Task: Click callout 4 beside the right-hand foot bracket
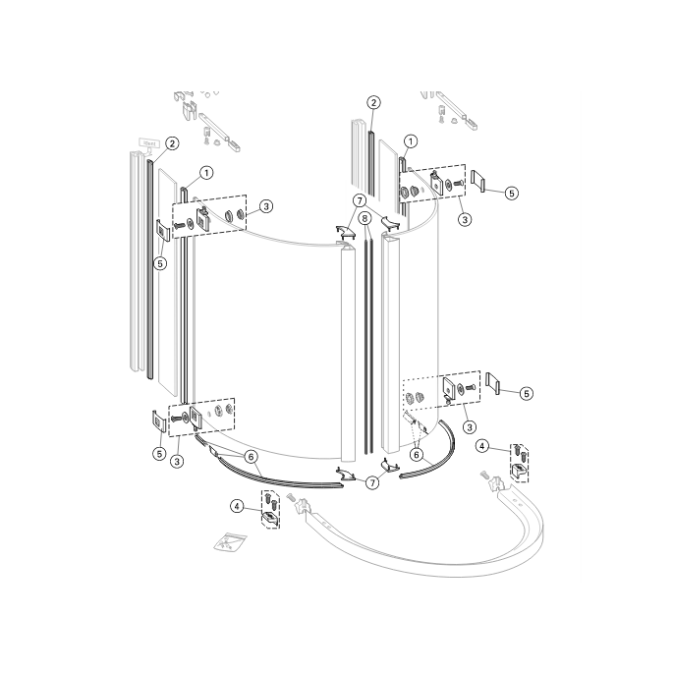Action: pyautogui.click(x=482, y=445)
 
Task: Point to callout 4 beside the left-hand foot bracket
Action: pyautogui.click(x=237, y=506)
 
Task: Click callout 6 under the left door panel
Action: pyautogui.click(x=251, y=457)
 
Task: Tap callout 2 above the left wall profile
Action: pyautogui.click(x=171, y=143)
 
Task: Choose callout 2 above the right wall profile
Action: pyautogui.click(x=374, y=102)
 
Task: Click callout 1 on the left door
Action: pyautogui.click(x=206, y=172)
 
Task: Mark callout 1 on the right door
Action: pyautogui.click(x=411, y=141)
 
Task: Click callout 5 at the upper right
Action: pyautogui.click(x=511, y=194)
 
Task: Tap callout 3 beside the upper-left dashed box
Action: pyautogui.click(x=265, y=206)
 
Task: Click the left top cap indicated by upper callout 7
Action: pyautogui.click(x=345, y=232)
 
